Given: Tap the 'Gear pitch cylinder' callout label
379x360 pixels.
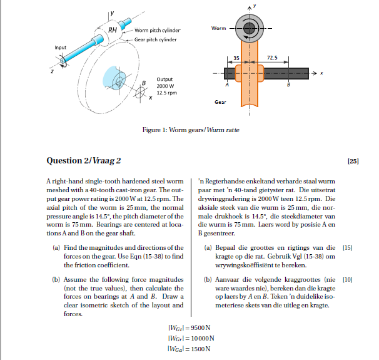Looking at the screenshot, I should pyautogui.click(x=156, y=39).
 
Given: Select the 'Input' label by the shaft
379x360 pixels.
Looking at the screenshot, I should pyautogui.click(x=60, y=48).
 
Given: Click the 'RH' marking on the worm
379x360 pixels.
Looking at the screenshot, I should pyautogui.click(x=113, y=29).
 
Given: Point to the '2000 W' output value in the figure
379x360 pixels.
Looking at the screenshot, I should pyautogui.click(x=165, y=86).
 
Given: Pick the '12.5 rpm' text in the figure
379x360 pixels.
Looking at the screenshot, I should pyautogui.click(x=166, y=93).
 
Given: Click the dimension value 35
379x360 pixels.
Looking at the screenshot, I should pyautogui.click(x=236, y=57).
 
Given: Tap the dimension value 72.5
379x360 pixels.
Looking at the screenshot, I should pyautogui.click(x=271, y=57).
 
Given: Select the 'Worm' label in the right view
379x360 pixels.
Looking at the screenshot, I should pyautogui.click(x=219, y=28).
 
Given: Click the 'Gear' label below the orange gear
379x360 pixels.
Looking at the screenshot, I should pyautogui.click(x=220, y=101).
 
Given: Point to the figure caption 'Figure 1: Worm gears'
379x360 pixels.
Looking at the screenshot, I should pyautogui.click(x=167, y=130).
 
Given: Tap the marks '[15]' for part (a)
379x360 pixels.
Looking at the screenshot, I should pyautogui.click(x=348, y=249).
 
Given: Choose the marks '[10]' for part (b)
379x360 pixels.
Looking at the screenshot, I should pyautogui.click(x=348, y=280).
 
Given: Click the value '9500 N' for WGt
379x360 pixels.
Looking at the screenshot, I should pyautogui.click(x=198, y=327).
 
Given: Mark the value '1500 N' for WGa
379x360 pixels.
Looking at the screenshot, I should pyautogui.click(x=198, y=349).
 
